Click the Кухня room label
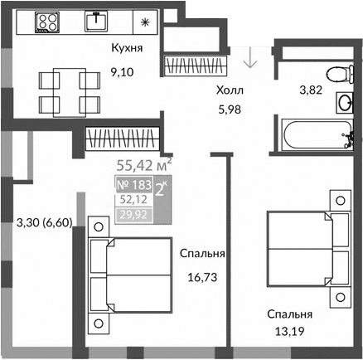point(127,48)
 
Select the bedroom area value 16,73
point(202,281)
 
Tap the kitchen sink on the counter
point(99,21)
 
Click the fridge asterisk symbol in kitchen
point(144,22)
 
